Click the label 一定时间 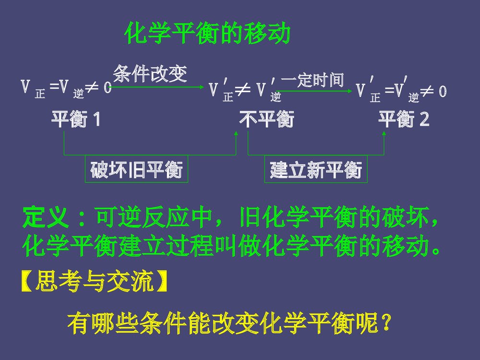pos(312,80)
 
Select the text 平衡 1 pos(76,119)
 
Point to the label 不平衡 pos(267,119)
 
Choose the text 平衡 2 pos(404,119)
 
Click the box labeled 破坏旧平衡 pos(137,169)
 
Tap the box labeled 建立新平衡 pos(316,169)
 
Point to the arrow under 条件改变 pos(158,87)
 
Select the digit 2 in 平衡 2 pos(424,119)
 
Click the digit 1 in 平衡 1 pos(96,119)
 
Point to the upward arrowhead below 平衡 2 pos(384,135)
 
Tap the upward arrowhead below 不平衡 pos(236,135)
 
